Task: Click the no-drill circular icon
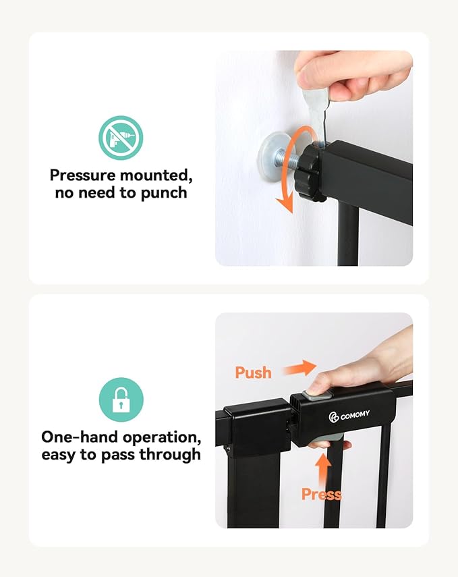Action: point(121,138)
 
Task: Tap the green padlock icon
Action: point(121,400)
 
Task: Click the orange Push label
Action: point(253,372)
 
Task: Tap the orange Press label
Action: point(321,495)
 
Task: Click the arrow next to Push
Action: point(299,368)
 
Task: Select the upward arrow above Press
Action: point(323,467)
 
